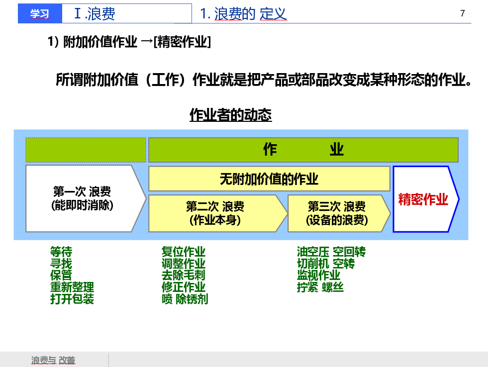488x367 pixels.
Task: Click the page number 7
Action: coord(463,13)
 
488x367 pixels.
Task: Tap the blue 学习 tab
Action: coord(40,14)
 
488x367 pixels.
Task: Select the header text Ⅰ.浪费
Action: coord(95,13)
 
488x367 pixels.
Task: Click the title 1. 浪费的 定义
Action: coord(243,14)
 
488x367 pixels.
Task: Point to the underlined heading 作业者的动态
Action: coord(230,115)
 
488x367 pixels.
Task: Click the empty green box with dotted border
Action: coord(86,150)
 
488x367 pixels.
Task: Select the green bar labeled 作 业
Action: coord(303,150)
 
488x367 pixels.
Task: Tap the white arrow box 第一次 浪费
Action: coord(82,198)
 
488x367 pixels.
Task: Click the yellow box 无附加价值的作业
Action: coord(269,179)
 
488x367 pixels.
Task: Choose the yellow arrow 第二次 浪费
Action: coord(215,213)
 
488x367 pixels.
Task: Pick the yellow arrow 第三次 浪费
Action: coord(337,213)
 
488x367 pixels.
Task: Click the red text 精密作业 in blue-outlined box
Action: coord(423,199)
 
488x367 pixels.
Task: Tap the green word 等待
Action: coord(61,252)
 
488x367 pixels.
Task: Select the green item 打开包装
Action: coord(72,299)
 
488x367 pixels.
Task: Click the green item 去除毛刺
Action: coord(183,275)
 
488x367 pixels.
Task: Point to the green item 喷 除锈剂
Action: coord(185,299)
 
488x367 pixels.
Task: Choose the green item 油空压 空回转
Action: coord(331,252)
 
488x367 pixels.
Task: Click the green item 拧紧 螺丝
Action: coord(320,287)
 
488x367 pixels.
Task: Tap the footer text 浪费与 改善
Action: coord(53,361)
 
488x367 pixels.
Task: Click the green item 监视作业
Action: coord(318,275)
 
